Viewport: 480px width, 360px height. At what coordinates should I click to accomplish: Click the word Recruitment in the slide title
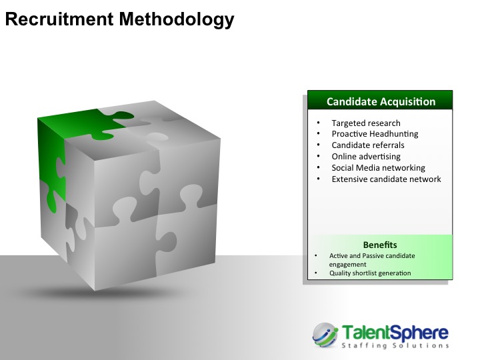tap(59, 19)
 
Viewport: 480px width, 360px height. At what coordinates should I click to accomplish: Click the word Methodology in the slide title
tap(177, 20)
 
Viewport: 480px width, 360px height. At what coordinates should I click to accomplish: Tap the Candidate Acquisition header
tap(381, 101)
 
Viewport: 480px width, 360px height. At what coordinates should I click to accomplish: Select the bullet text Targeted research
tap(366, 123)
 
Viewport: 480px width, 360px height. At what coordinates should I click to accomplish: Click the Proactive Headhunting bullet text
tap(375, 134)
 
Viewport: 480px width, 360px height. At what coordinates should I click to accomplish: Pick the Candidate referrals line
tap(368, 145)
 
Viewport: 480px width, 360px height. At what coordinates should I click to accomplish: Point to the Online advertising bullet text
tap(366, 157)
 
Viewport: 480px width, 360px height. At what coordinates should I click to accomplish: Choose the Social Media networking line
tap(379, 168)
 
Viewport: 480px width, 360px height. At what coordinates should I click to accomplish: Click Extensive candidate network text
tap(386, 179)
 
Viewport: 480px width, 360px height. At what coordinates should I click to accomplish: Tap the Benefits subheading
tap(380, 245)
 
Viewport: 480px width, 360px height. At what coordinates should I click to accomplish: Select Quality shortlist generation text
tap(370, 273)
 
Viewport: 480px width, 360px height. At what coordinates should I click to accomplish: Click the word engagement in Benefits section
tap(347, 265)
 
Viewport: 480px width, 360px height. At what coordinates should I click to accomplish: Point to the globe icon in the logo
tap(325, 335)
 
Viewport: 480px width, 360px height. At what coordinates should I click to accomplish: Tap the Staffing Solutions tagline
tap(395, 346)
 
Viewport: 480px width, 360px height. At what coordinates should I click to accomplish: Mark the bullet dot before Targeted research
tap(319, 123)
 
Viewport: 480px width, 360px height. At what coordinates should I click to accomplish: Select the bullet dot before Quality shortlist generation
tap(316, 273)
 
